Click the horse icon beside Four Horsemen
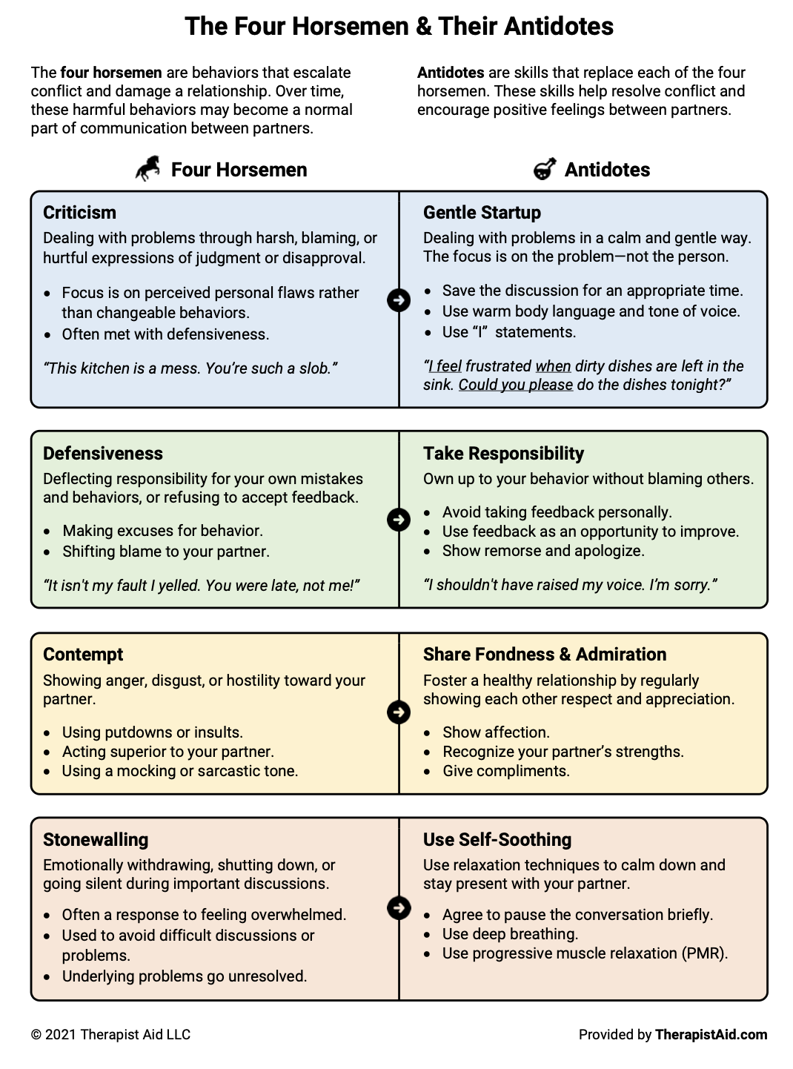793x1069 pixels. (x=148, y=168)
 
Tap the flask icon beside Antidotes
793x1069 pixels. (x=545, y=169)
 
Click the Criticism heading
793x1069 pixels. (x=79, y=213)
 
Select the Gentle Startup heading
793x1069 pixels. (x=482, y=213)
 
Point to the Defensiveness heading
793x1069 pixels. (x=102, y=454)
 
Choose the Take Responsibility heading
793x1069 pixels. (x=503, y=454)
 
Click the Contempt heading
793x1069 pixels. (x=83, y=655)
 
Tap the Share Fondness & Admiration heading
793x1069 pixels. (x=545, y=655)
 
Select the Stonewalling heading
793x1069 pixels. (x=96, y=840)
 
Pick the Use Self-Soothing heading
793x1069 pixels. (x=497, y=840)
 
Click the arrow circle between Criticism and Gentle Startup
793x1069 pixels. (x=399, y=300)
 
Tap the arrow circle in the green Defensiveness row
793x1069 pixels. (x=399, y=520)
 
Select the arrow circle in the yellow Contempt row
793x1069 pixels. (x=399, y=712)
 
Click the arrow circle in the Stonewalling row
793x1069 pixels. (x=399, y=907)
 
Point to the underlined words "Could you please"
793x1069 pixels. (x=515, y=385)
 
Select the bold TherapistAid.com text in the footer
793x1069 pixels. (x=711, y=1035)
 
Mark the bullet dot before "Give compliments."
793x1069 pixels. (x=428, y=772)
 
